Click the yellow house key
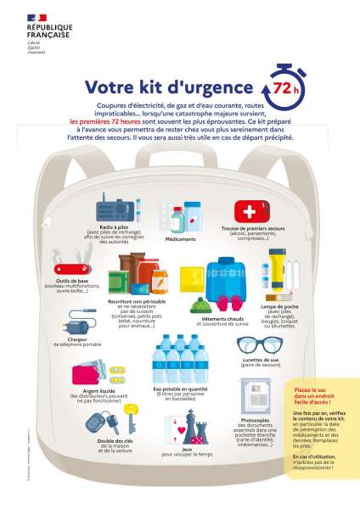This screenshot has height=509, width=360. [x=131, y=420]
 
